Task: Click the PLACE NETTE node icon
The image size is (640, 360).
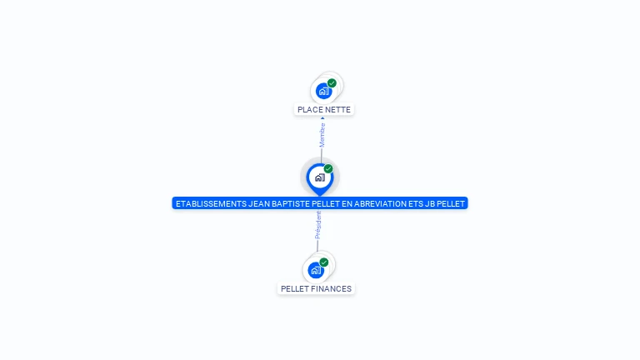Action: [324, 91]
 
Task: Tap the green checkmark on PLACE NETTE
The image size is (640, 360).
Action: [332, 83]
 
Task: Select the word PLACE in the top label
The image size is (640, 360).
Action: [307, 110]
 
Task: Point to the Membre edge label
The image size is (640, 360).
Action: [322, 135]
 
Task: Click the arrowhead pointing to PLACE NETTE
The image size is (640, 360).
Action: [322, 118]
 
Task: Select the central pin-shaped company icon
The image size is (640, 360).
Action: [320, 179]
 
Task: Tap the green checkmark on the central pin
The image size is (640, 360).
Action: [328, 168]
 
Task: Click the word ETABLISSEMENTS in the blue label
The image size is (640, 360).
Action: [211, 203]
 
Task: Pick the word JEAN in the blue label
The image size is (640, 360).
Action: [259, 203]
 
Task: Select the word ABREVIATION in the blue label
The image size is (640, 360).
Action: [380, 203]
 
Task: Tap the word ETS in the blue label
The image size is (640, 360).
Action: [416, 203]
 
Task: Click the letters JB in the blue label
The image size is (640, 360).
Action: [430, 203]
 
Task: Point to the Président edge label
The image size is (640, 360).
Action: [318, 225]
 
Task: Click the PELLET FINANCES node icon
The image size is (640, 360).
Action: [316, 270]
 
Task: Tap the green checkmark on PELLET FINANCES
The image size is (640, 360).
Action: [324, 262]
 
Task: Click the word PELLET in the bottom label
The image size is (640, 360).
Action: [292, 289]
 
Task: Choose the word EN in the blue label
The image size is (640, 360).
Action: [347, 203]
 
